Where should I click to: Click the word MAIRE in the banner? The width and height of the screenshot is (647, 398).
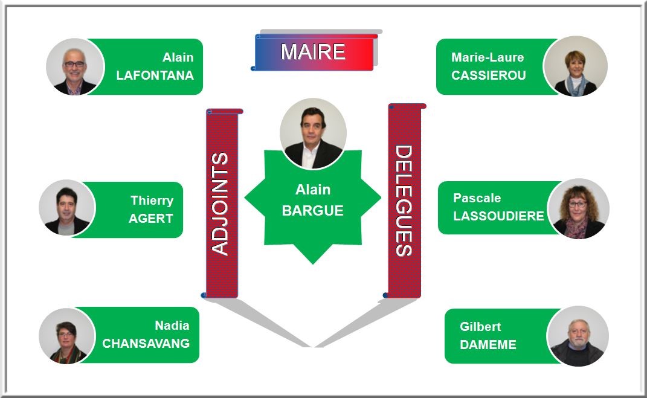click(x=313, y=52)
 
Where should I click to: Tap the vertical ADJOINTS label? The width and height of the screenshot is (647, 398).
click(x=221, y=204)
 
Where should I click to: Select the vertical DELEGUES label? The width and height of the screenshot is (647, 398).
click(x=404, y=201)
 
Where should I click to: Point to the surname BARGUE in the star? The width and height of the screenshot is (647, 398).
click(x=312, y=211)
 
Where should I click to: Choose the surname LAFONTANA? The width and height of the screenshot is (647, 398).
click(x=155, y=75)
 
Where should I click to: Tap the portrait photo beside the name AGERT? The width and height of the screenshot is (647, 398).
click(x=67, y=208)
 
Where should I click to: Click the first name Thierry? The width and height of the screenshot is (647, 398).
click(x=152, y=201)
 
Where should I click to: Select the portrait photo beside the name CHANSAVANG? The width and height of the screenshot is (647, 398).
click(x=67, y=336)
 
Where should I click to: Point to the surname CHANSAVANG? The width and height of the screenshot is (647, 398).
click(x=146, y=343)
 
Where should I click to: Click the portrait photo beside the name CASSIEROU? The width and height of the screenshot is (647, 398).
click(x=575, y=66)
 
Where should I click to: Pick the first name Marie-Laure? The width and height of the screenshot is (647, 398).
click(x=488, y=57)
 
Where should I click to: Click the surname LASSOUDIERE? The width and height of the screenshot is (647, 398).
click(x=498, y=216)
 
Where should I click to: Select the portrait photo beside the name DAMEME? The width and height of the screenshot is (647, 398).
click(x=578, y=336)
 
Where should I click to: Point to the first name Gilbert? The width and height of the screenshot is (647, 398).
click(x=480, y=327)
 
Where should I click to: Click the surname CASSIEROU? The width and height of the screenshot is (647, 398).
click(x=488, y=75)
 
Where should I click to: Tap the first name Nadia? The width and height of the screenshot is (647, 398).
click(x=172, y=326)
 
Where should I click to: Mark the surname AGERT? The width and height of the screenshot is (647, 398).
click(x=151, y=219)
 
